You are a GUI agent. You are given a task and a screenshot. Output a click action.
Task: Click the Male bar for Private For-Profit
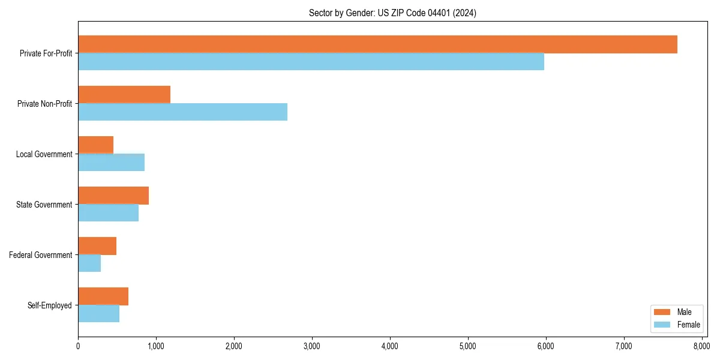tap(377, 44)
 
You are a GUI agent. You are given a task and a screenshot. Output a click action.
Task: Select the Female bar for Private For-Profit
tap(311, 62)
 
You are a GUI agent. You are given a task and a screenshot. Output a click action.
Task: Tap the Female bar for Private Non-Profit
tap(182, 112)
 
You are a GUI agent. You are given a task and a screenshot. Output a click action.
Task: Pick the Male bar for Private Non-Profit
tap(124, 95)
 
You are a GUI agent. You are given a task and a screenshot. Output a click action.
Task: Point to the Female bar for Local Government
tap(111, 163)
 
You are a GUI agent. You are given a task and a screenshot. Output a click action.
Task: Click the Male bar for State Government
tap(113, 196)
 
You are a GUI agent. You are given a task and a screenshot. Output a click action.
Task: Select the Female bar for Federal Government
tap(89, 263)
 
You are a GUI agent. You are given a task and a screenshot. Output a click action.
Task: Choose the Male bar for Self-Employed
tap(103, 296)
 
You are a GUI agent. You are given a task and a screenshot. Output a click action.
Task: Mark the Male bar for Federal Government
tap(97, 246)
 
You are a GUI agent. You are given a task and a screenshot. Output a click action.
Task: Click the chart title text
tap(392, 13)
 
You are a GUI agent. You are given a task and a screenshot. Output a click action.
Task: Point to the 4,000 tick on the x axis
tap(390, 346)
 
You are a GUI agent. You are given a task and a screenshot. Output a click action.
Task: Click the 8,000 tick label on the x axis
tap(701, 346)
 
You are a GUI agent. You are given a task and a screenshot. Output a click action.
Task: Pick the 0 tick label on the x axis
tap(78, 346)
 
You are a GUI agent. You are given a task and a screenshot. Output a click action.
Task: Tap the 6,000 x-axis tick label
tap(545, 346)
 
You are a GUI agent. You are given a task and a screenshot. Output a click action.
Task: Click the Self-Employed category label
tap(49, 305)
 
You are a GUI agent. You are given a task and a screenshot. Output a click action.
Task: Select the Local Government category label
tap(44, 154)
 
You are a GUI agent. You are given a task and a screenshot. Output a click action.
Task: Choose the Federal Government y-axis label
tap(40, 255)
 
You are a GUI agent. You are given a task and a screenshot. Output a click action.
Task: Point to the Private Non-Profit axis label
tap(44, 104)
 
